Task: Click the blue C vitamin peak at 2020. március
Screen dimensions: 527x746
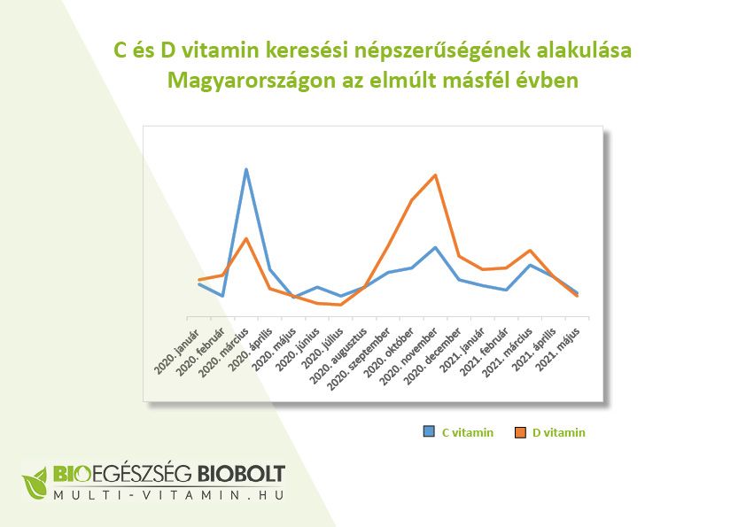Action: pyautogui.click(x=246, y=169)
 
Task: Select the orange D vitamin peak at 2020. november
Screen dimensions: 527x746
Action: pyautogui.click(x=435, y=174)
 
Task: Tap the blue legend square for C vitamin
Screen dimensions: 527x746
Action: pyautogui.click(x=429, y=432)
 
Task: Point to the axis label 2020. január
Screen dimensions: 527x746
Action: pyautogui.click(x=176, y=349)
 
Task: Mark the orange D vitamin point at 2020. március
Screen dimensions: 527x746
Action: pyautogui.click(x=246, y=238)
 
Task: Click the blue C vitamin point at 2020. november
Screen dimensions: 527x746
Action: pyautogui.click(x=435, y=247)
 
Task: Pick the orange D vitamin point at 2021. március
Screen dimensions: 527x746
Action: pyautogui.click(x=530, y=251)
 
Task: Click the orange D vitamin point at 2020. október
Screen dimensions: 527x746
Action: pyautogui.click(x=412, y=200)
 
